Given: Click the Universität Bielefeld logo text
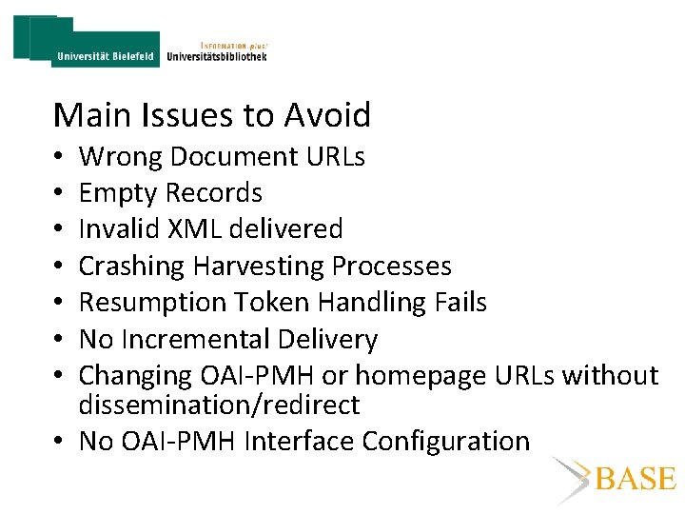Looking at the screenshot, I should tap(105, 56).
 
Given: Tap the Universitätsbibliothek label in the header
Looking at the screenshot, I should tap(217, 56).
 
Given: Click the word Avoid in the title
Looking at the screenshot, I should tap(326, 115).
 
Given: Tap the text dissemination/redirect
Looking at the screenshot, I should tap(219, 405).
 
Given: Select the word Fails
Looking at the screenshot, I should tap(459, 303).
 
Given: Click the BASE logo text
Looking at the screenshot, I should tap(636, 479).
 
